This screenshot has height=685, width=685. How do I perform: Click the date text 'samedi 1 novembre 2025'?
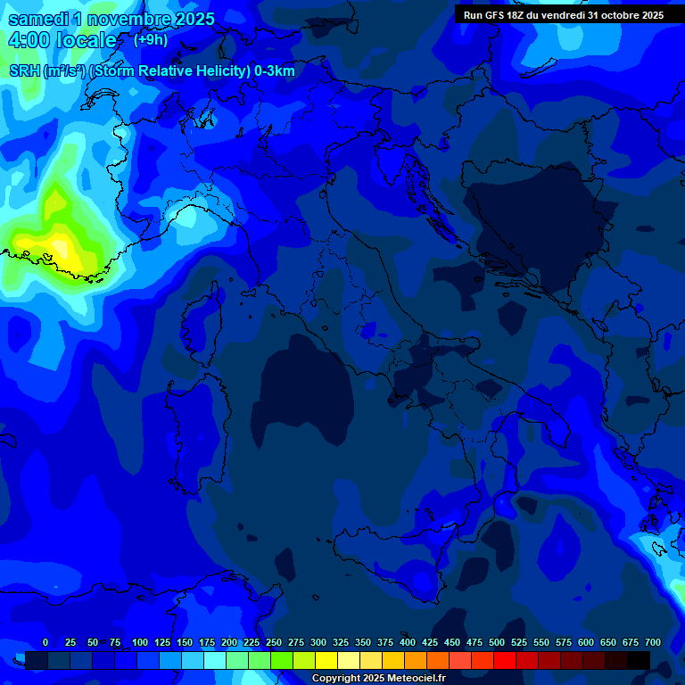111,19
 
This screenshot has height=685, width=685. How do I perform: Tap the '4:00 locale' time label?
62,40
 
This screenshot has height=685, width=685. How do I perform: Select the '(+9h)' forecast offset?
150,39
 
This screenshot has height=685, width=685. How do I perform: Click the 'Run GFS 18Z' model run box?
563,15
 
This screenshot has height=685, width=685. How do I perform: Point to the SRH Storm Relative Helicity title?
152,71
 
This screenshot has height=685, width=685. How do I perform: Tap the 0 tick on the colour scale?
45,642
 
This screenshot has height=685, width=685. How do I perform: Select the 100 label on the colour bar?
140,642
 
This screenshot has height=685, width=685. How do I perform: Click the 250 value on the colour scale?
274,642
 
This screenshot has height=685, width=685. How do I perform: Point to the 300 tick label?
318,642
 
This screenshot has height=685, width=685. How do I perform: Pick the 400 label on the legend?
408,642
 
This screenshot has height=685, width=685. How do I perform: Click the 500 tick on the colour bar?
497,642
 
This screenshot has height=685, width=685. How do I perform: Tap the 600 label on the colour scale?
586,642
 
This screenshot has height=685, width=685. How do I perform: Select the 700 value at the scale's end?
653,642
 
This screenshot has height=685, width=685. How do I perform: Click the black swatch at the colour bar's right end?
638,660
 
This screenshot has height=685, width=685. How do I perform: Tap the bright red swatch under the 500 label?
504,660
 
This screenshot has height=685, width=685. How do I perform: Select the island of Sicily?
392,557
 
